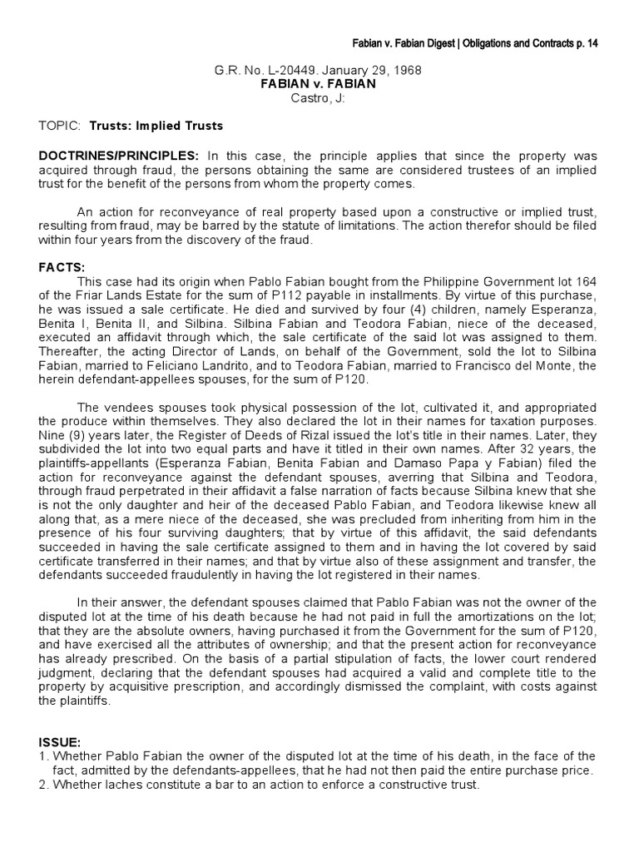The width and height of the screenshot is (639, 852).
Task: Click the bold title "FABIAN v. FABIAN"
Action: pyautogui.click(x=320, y=85)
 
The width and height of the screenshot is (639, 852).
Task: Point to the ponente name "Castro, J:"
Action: pyautogui.click(x=320, y=98)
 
